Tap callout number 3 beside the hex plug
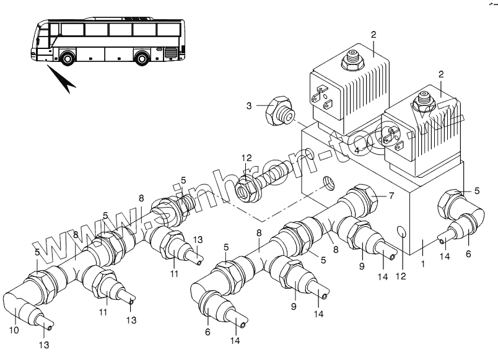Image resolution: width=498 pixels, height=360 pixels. click(249, 106)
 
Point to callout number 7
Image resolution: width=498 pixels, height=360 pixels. click(391, 196)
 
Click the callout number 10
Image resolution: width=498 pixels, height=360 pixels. click(14, 330)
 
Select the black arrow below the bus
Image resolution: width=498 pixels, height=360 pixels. click(63, 80)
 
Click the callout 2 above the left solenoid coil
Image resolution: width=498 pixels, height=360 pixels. click(373, 34)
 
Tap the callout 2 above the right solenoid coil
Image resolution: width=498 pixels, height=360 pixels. click(441, 74)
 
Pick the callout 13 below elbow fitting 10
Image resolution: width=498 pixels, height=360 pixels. click(45, 345)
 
